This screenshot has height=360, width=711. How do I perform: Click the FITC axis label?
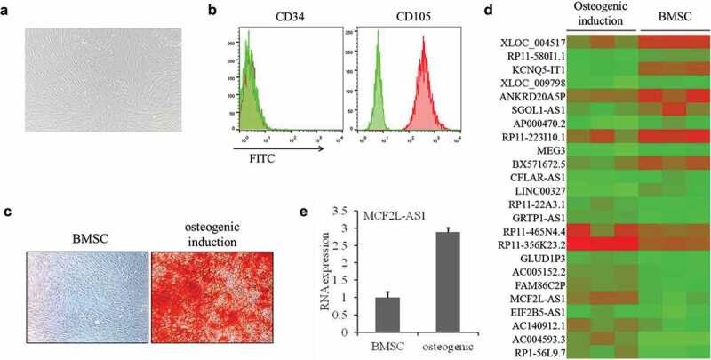coord(247,164)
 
